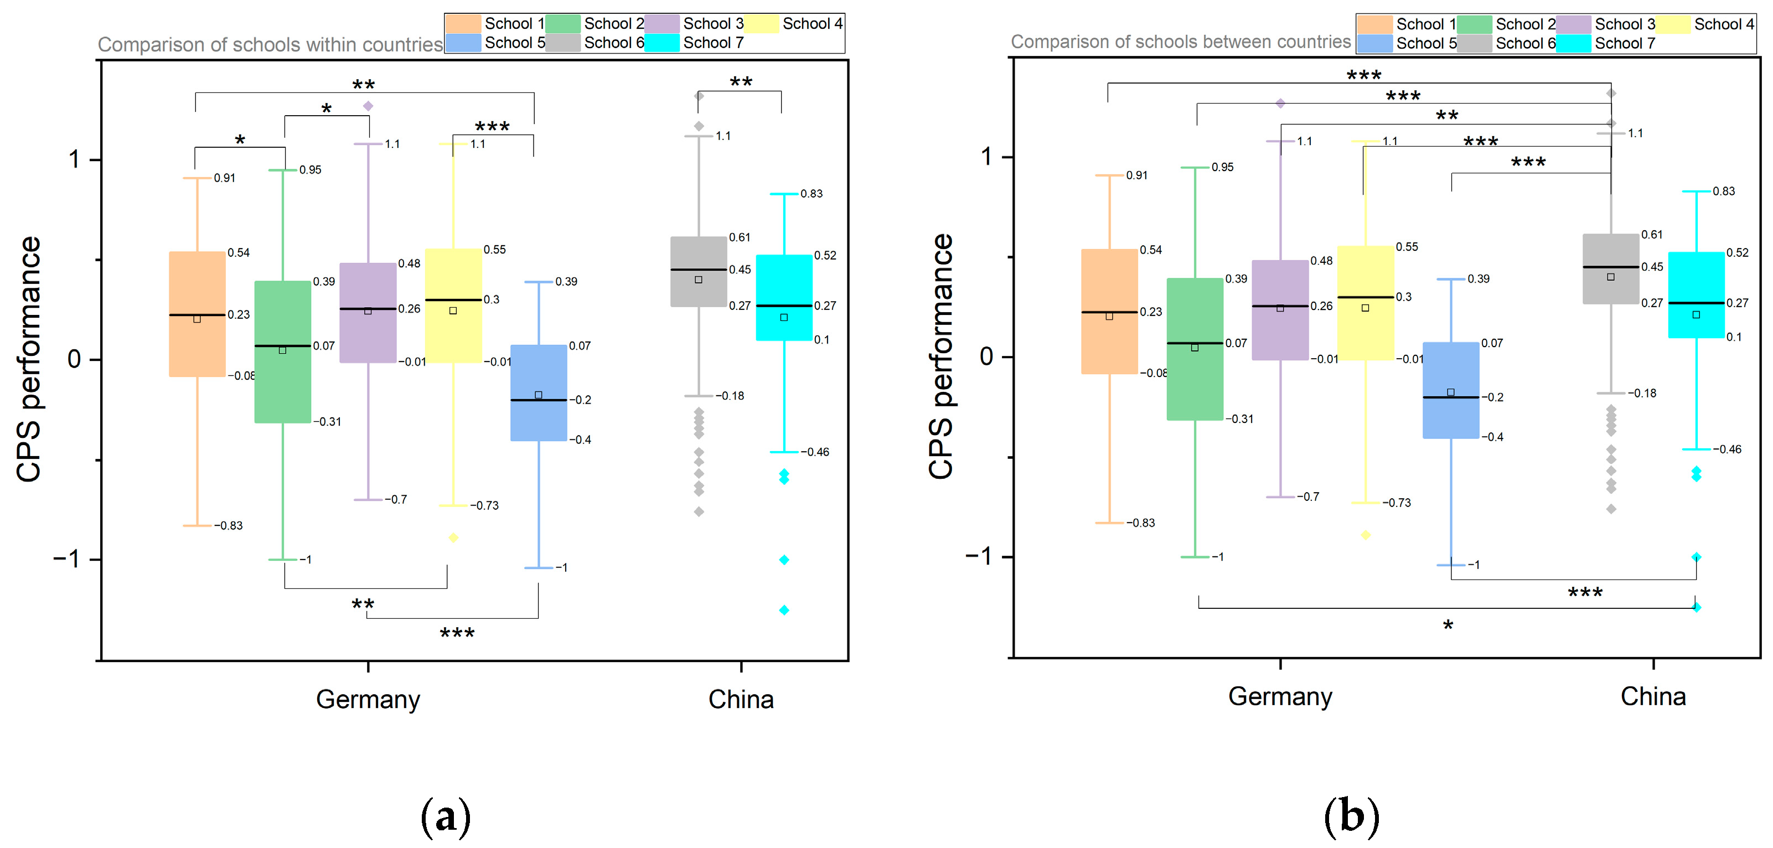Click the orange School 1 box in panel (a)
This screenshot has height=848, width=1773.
pyautogui.click(x=198, y=314)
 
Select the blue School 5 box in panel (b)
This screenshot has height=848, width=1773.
pyautogui.click(x=1451, y=390)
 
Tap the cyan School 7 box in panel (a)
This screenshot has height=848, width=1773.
pyautogui.click(x=784, y=297)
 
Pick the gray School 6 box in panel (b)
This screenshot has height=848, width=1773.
pyautogui.click(x=1611, y=268)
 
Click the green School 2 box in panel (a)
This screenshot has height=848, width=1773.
pyautogui.click(x=283, y=351)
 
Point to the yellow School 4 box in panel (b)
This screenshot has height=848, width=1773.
pyautogui.click(x=1366, y=303)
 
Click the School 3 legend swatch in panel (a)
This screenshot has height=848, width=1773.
pyautogui.click(x=662, y=23)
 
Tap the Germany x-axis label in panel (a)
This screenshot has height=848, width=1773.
pyautogui.click(x=368, y=699)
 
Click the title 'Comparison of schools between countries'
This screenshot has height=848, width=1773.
pyautogui.click(x=1180, y=42)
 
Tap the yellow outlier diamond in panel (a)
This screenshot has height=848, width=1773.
pyautogui.click(x=453, y=537)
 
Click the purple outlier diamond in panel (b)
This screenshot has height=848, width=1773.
pyautogui.click(x=1280, y=104)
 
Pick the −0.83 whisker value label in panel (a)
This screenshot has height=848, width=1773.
pyautogui.click(x=228, y=526)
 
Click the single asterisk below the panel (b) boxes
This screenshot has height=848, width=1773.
pyautogui.click(x=1448, y=625)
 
